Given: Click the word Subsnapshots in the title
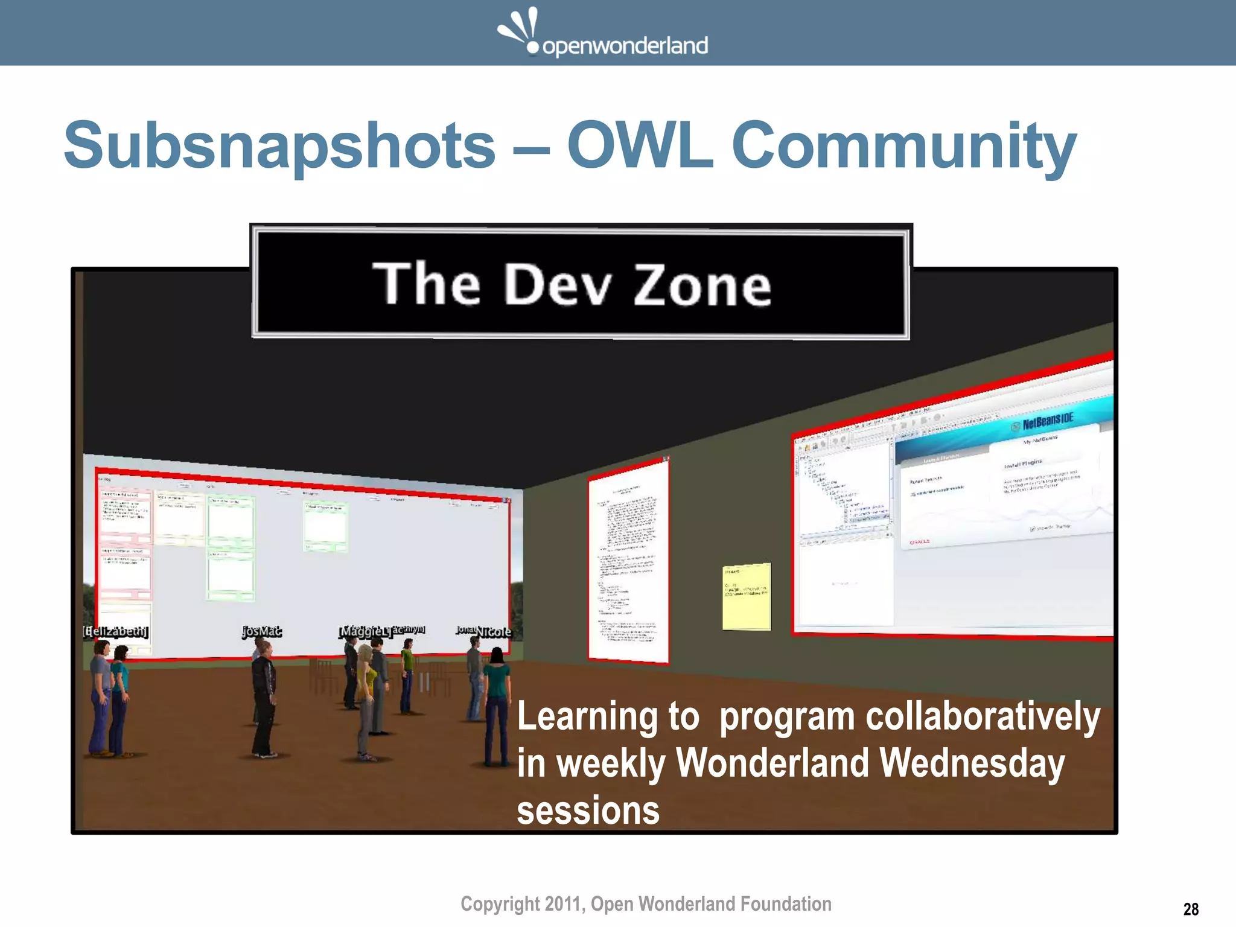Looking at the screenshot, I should click(279, 146).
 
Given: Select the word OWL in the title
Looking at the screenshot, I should click(640, 146).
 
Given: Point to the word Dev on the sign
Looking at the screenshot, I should click(558, 284).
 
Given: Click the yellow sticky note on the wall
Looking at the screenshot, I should click(747, 597).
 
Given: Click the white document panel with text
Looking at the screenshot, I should click(628, 561).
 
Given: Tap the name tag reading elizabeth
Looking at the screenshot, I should click(115, 632).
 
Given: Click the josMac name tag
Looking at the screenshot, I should click(261, 631).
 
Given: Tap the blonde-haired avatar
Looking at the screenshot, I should click(366, 694).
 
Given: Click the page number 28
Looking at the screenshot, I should click(1191, 909).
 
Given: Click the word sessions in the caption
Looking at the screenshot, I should click(588, 811).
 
